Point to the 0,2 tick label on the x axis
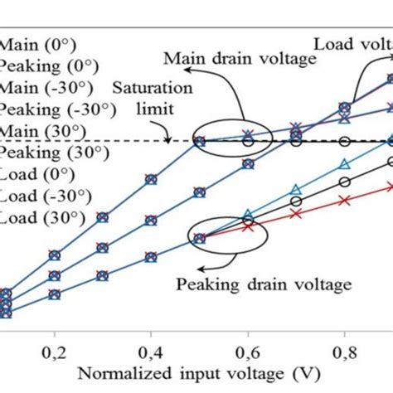[54, 342]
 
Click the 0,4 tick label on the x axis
[150, 342]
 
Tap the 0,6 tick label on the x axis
[246, 342]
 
